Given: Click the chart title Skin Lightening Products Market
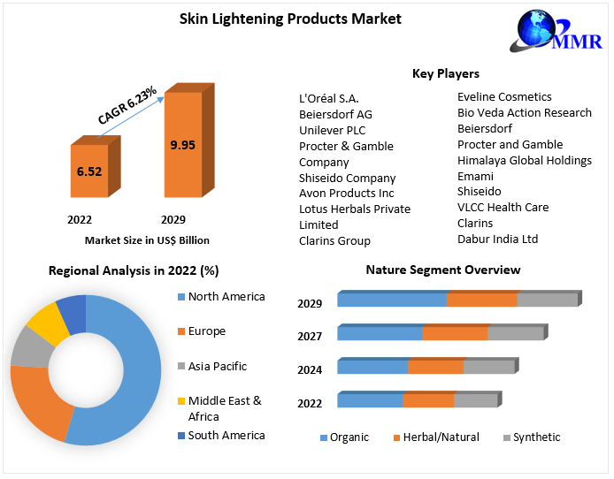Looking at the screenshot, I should [x=278, y=19].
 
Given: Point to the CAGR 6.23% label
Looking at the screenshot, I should [x=127, y=104].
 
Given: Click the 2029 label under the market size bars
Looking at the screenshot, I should [x=173, y=219].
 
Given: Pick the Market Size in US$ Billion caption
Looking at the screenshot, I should [x=147, y=239].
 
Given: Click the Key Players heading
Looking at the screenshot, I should [x=446, y=73].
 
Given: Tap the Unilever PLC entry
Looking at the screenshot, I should [x=332, y=130].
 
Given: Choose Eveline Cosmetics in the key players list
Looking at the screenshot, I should [x=504, y=96].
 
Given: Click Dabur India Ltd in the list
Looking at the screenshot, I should [x=497, y=239].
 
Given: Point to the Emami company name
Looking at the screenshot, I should [x=475, y=175].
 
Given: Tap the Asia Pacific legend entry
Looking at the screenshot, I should [x=217, y=366].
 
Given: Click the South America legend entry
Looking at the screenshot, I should [x=226, y=435].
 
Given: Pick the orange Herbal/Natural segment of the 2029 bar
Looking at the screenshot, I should [x=481, y=300].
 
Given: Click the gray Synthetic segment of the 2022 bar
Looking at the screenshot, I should [x=475, y=400].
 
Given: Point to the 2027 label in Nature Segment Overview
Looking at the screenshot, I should [x=310, y=336].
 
